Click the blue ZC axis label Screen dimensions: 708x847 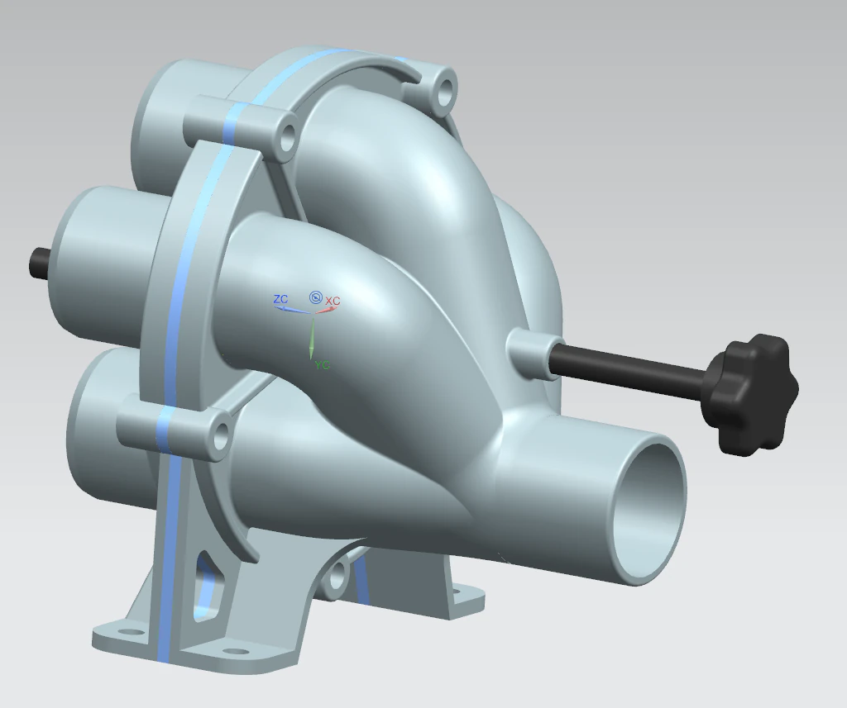click(280, 299)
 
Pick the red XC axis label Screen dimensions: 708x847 click(333, 302)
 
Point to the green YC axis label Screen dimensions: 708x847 click(322, 365)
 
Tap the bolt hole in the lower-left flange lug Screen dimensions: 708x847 click(219, 436)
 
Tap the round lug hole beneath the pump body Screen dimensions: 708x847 click(336, 575)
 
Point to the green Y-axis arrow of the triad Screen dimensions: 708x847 click(312, 339)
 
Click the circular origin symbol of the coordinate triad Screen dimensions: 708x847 click(315, 297)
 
